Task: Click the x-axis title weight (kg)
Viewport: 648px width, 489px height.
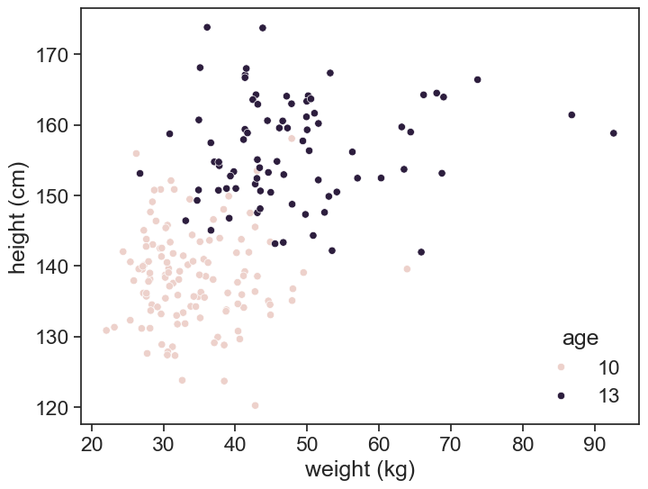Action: point(360,469)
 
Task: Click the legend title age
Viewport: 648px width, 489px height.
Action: point(580,339)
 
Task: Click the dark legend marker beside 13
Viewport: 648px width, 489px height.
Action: point(561,395)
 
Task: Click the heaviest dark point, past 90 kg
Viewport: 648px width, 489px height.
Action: point(614,133)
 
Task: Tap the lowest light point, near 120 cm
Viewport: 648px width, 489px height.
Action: point(255,405)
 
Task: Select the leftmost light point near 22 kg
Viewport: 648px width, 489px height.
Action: point(106,331)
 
